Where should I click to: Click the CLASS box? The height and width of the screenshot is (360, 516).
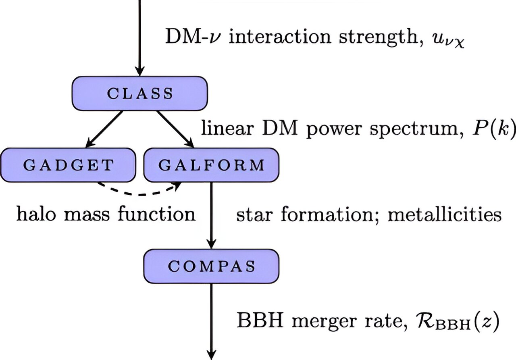pos(139,93)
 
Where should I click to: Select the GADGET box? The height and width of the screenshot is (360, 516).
pos(68,165)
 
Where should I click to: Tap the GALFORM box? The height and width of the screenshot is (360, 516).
pos(212,165)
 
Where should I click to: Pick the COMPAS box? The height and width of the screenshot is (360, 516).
pos(212,266)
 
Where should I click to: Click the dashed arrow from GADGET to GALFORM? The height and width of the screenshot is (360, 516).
pos(138,195)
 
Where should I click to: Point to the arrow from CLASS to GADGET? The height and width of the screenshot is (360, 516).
pos(104,129)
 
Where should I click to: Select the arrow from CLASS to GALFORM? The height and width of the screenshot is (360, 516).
pos(175,129)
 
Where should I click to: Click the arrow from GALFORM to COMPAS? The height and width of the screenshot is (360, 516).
pos(212,216)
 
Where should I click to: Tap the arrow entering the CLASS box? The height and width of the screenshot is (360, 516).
pos(139,38)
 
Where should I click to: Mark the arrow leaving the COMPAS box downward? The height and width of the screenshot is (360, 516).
pos(212,322)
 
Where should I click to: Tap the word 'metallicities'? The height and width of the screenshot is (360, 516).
pos(445,214)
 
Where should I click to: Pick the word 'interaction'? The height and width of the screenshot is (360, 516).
pos(280,36)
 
